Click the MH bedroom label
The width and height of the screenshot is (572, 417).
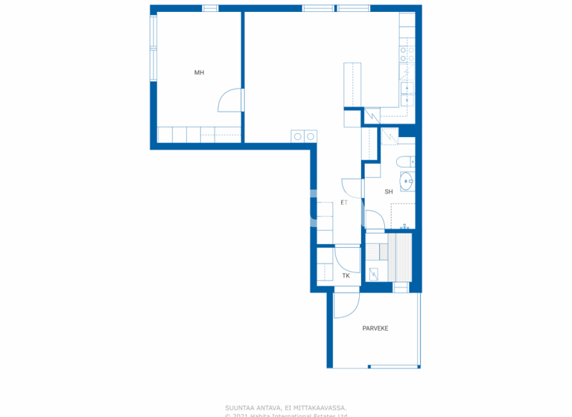click(x=199, y=72)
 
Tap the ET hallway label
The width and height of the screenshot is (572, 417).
click(x=344, y=202)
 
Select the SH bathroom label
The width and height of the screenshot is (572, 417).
click(x=388, y=191)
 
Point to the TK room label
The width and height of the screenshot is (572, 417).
click(x=346, y=276)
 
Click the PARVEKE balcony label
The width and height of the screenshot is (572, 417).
click(x=375, y=328)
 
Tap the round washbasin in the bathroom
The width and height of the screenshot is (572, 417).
click(x=406, y=180)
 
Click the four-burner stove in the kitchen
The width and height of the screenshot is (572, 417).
click(x=407, y=54)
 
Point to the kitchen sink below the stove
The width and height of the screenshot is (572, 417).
click(x=407, y=89)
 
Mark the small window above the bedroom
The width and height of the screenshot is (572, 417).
click(x=211, y=8)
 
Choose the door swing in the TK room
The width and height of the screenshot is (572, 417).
click(x=347, y=258)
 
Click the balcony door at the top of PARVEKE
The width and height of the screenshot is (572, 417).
click(x=346, y=303)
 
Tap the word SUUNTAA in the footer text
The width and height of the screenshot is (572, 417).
click(x=239, y=407)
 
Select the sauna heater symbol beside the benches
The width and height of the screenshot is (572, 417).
click(x=374, y=274)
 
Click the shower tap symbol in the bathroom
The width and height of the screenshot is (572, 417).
click(x=404, y=226)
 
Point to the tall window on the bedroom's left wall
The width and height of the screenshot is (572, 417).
click(x=153, y=48)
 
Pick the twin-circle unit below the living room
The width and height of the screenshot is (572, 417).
click(x=304, y=136)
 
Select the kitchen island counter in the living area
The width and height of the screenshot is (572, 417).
click(x=352, y=85)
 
